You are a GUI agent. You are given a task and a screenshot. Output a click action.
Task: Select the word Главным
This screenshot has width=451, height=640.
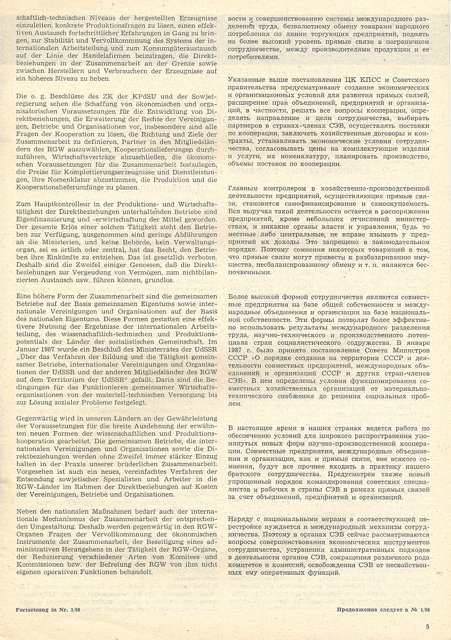coord(245,188)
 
